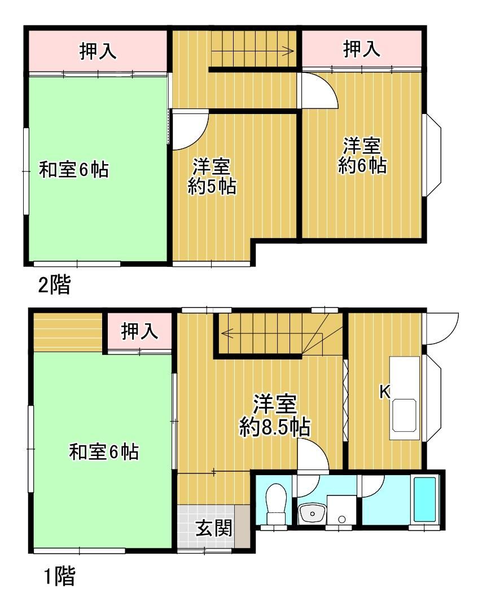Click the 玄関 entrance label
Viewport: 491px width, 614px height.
(214, 529)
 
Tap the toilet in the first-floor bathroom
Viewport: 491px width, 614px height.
(276, 503)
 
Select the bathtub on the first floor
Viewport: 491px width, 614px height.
(425, 499)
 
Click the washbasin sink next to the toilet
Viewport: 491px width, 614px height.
(312, 514)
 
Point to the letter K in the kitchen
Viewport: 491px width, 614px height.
(385, 391)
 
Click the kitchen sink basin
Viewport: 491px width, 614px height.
(405, 415)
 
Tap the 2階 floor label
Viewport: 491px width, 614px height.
(54, 284)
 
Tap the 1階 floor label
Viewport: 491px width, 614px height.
(59, 576)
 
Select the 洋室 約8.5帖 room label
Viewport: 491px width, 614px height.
(275, 416)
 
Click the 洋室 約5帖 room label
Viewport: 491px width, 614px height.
(212, 177)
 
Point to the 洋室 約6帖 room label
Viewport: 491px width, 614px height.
(362, 155)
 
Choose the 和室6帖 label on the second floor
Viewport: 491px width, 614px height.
(73, 170)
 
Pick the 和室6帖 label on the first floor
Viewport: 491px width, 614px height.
(104, 452)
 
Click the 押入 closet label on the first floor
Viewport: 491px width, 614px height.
(140, 331)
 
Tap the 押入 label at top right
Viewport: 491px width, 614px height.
(362, 49)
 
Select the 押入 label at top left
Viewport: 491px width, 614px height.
(98, 51)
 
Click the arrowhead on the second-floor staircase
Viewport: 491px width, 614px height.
(290, 51)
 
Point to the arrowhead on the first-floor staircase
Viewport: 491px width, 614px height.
(226, 334)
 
